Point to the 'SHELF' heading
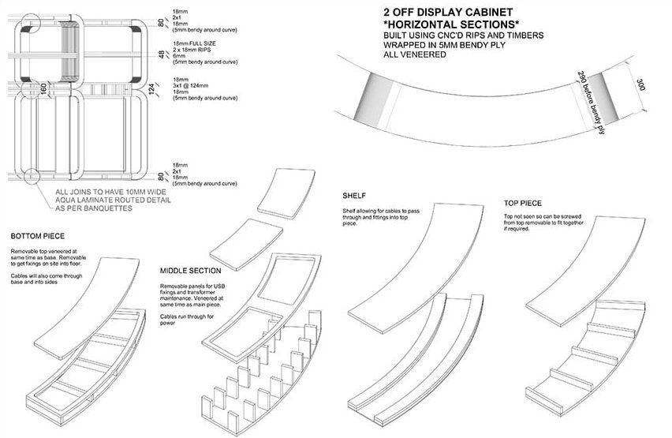pos(353,195)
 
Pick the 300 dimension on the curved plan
pos(640,85)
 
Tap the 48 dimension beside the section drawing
pos(162,55)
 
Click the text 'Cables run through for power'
pos(188,320)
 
